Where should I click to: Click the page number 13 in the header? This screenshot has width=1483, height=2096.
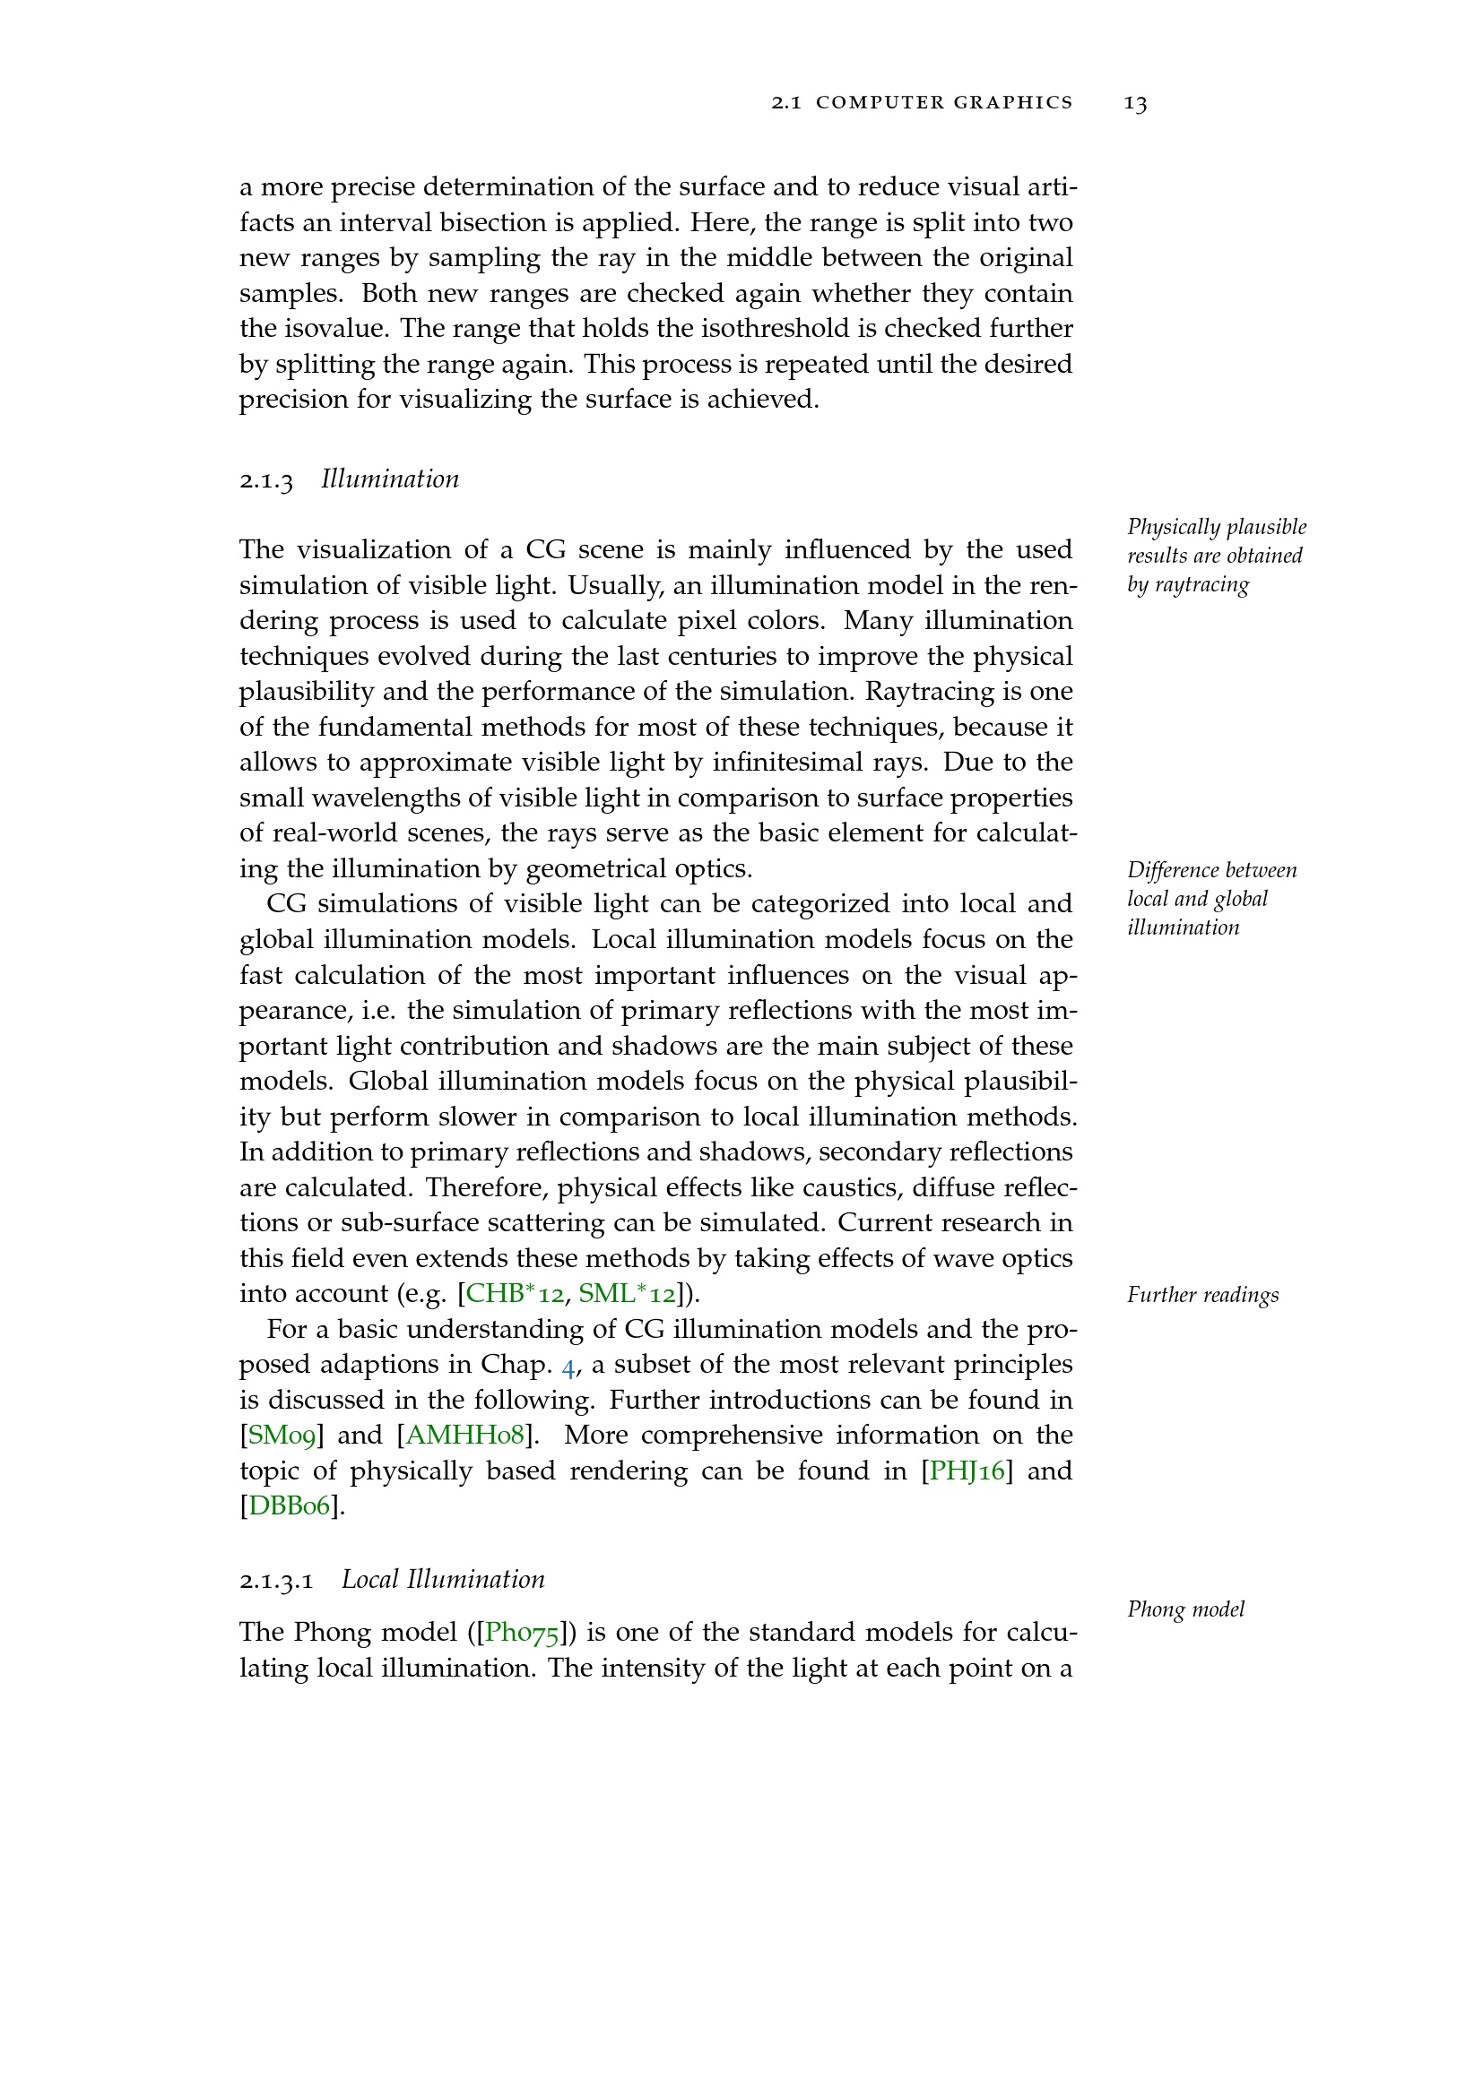point(1135,103)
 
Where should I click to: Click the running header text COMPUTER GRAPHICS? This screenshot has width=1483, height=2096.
point(944,103)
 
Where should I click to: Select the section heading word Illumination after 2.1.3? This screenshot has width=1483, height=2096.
point(390,479)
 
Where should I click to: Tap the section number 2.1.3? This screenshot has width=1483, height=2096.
point(266,480)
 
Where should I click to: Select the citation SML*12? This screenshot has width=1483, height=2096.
point(628,1294)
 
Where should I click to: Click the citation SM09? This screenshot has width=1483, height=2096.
point(282,1435)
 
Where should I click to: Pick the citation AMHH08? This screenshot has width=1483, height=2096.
point(464,1435)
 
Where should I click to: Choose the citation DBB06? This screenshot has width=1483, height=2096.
point(290,1506)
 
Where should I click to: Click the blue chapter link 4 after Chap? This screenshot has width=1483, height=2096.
point(568,1366)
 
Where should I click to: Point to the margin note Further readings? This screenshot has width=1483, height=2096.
point(1202,1296)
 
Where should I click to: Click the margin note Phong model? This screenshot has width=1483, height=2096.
point(1185,1609)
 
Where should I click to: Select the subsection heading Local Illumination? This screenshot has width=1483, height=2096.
point(443,1580)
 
